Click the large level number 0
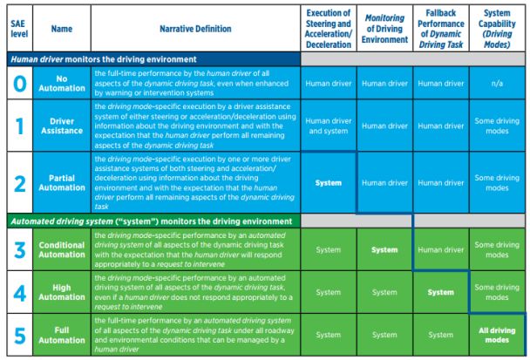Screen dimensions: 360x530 coord(18,83)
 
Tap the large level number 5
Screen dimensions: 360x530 coord(18,333)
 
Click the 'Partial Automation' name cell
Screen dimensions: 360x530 coord(62,183)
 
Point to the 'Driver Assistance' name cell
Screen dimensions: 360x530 coord(62,126)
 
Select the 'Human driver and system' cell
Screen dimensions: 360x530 coord(329,126)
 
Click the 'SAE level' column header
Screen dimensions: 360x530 coord(18,29)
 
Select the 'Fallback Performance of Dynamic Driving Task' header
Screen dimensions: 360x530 coord(440,29)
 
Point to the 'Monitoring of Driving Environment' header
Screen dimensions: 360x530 coord(384,29)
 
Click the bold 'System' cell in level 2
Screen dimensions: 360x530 coord(329,183)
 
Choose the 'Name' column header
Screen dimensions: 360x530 coord(62,29)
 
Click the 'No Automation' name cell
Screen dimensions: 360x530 coord(62,83)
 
